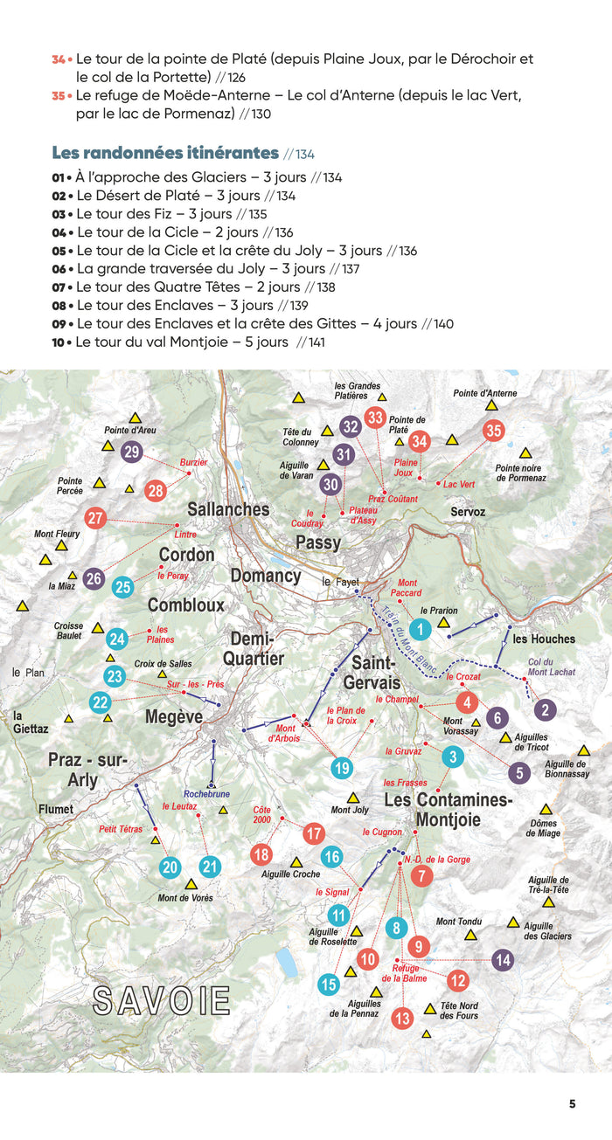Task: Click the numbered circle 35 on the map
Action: coord(494,430)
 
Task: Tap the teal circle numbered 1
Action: coord(421,628)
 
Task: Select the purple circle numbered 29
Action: coord(132,452)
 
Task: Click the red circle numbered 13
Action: coord(402,1018)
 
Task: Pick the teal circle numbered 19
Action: coord(342,768)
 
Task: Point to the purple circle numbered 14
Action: coord(502,960)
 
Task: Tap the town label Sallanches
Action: coord(228,509)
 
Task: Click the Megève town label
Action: coord(174,716)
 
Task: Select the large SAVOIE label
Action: coord(162,1001)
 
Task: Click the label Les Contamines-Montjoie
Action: coord(449,810)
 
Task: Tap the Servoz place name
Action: coord(468,511)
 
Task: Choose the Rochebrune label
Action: coord(206,794)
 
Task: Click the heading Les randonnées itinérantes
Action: coord(165,153)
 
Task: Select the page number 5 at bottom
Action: coord(572,1103)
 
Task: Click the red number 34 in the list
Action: coord(59,59)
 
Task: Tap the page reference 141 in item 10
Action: coord(310,342)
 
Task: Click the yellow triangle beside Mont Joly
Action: coord(353,798)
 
